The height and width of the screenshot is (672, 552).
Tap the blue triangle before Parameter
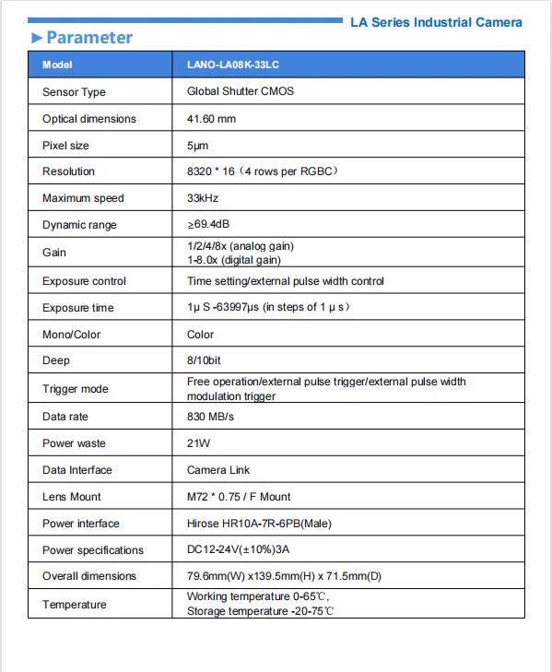click(37, 38)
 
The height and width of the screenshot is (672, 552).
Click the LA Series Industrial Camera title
click(436, 21)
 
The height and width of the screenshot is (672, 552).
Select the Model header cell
click(57, 65)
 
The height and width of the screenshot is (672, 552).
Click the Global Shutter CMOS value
click(241, 91)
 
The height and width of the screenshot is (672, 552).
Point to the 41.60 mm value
click(211, 118)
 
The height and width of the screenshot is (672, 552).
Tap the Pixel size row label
click(68, 146)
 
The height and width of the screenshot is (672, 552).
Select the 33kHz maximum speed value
click(203, 198)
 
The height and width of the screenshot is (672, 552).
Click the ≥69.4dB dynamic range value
click(209, 225)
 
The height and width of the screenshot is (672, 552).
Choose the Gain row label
click(54, 253)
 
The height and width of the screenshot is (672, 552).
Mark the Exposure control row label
click(84, 281)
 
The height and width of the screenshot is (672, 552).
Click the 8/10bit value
click(207, 360)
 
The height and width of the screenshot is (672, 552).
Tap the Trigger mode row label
click(76, 389)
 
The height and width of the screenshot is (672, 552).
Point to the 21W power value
click(199, 443)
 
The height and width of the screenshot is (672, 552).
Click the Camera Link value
click(218, 470)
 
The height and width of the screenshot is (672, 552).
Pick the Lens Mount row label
click(72, 497)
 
